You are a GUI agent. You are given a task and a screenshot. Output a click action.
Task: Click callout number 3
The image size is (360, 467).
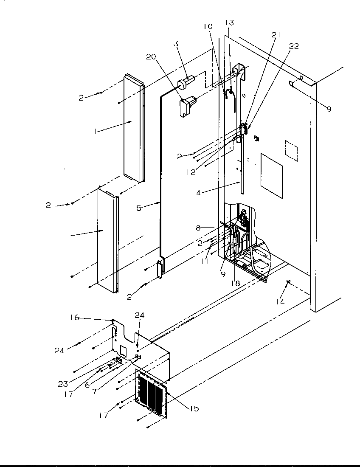(x=175, y=43)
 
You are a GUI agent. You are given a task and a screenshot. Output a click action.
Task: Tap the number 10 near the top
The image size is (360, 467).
(x=208, y=27)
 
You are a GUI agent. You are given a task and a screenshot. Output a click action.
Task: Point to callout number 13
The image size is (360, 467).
(x=229, y=23)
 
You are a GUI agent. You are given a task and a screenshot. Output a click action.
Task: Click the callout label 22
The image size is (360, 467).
(x=293, y=46)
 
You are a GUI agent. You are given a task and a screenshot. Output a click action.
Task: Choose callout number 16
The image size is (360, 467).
(x=74, y=317)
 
